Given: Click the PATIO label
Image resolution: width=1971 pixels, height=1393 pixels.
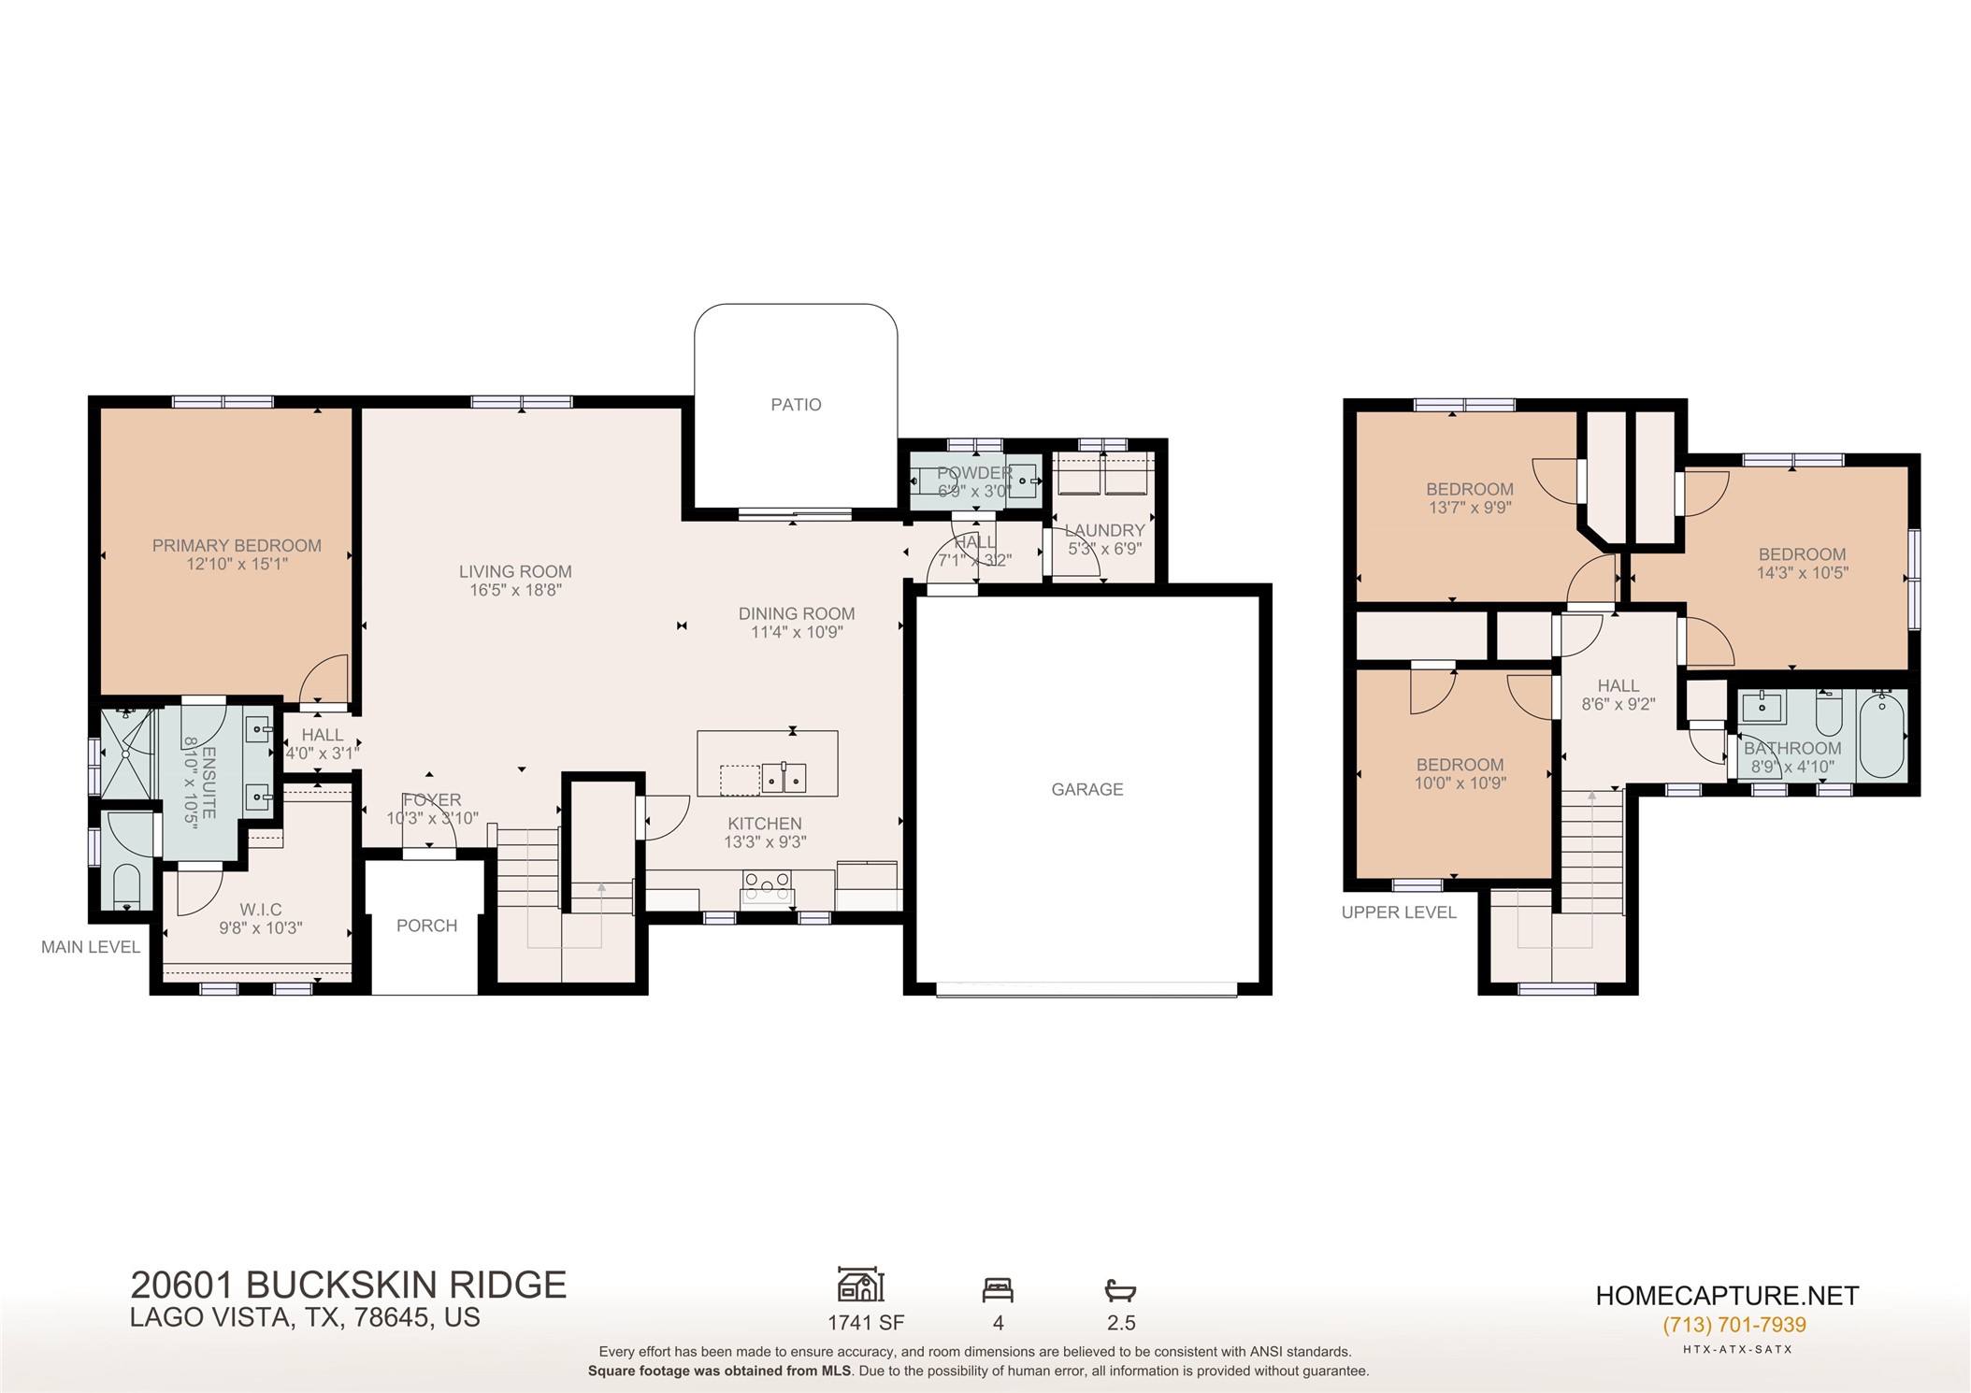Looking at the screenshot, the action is (796, 405).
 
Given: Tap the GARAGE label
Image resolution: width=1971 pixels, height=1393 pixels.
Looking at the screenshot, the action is (1086, 790).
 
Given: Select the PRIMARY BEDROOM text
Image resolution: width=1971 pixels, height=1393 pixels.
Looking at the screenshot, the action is (237, 546).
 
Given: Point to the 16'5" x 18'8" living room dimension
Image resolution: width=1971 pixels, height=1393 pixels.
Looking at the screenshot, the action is (515, 590).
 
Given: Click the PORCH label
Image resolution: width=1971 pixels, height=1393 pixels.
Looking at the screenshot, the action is (426, 926).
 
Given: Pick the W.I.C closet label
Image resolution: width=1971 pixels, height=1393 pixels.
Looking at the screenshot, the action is (260, 910).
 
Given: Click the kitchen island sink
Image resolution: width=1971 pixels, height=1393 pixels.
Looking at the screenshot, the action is (784, 778).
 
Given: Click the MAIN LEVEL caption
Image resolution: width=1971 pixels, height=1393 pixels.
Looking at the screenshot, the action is (91, 947).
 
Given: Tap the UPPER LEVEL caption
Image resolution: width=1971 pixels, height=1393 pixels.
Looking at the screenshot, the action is (1399, 912).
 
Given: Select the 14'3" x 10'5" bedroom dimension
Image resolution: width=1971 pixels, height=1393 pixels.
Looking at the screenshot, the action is (1802, 573).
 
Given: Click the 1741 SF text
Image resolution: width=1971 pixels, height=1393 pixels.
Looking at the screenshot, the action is (866, 1323).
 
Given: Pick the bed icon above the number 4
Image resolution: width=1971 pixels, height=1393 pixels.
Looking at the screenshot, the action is (998, 1290).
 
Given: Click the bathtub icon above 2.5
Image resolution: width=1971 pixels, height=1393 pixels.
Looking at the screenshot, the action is (1120, 1291).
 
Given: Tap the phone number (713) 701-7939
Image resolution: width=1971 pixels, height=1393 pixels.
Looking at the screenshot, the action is (1734, 1325).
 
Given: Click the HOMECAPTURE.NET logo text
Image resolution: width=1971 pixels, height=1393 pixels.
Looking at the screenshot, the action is (1727, 1296).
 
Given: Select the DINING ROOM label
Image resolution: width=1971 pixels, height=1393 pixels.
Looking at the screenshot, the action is (797, 614).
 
